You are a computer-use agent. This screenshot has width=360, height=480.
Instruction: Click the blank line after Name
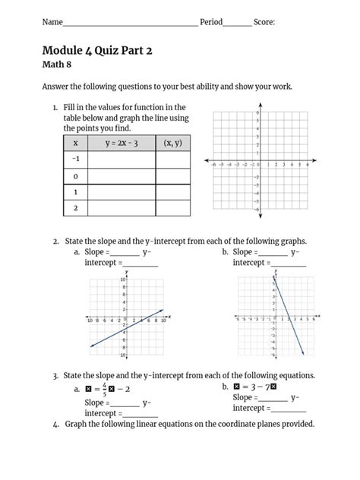[129, 24]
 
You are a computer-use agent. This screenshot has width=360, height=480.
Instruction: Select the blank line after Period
[237, 24]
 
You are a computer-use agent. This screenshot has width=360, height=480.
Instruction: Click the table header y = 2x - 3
[121, 142]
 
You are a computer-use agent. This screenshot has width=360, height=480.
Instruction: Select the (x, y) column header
[172, 142]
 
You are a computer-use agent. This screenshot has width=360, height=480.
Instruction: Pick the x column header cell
[75, 142]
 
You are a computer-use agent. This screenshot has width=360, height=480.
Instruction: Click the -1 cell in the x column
[75, 159]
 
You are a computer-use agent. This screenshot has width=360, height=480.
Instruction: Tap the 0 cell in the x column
[75, 176]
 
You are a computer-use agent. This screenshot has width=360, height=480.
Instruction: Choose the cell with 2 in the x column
[75, 208]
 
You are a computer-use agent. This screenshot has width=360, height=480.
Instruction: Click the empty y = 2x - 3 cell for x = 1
[121, 192]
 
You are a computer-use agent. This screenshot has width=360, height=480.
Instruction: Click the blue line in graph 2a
[125, 328]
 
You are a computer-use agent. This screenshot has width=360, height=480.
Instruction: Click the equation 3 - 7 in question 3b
[268, 387]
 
